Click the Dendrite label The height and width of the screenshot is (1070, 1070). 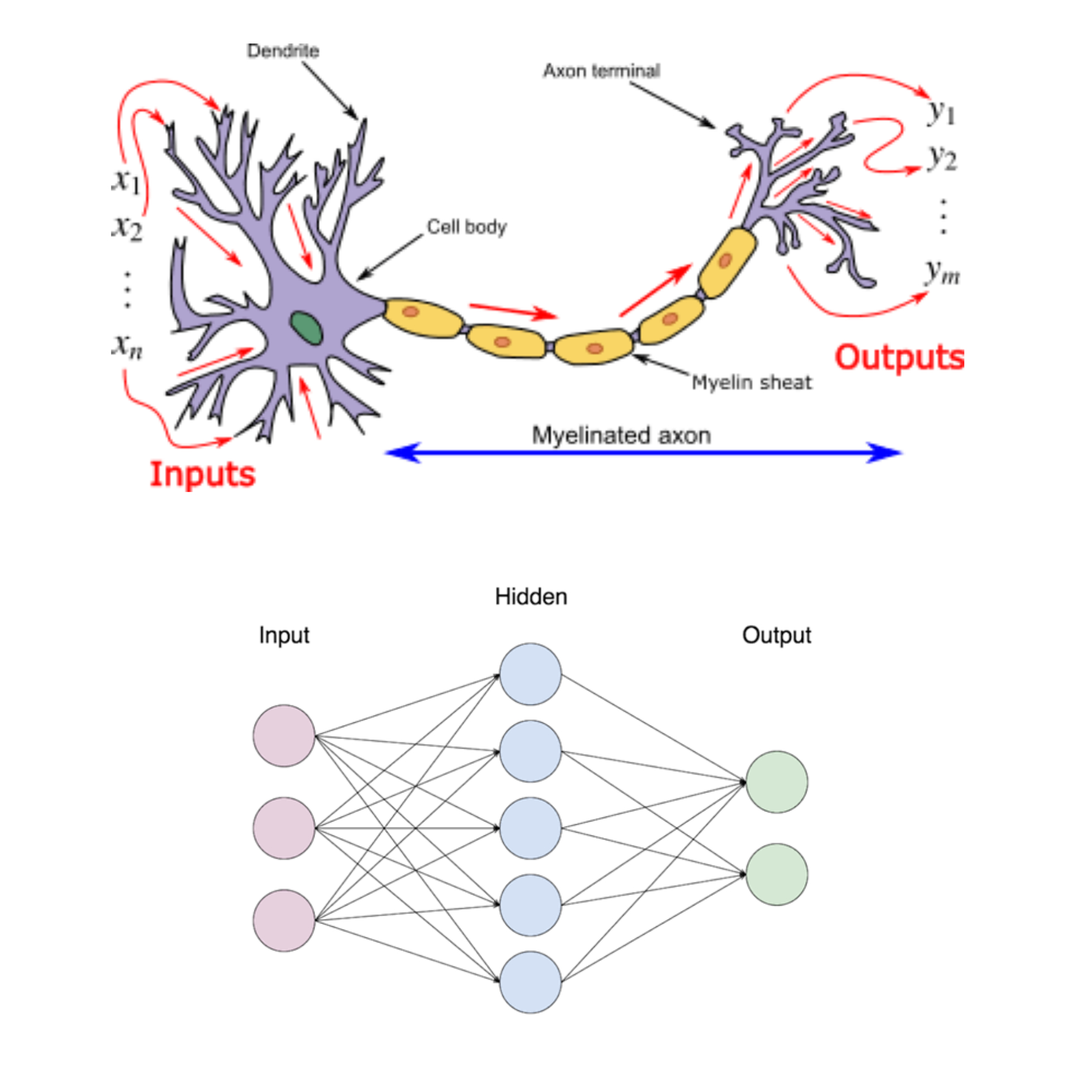pyautogui.click(x=283, y=51)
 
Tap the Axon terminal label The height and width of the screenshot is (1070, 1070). pyautogui.click(x=601, y=71)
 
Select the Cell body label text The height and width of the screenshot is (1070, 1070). pyautogui.click(x=466, y=227)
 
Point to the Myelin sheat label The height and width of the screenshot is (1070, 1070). pyautogui.click(x=751, y=382)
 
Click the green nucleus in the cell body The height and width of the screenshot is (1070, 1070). pyautogui.click(x=306, y=328)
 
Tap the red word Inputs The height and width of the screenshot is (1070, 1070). pyautogui.click(x=202, y=474)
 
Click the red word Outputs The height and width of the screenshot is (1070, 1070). pyautogui.click(x=898, y=357)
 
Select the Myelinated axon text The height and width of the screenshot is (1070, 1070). pyautogui.click(x=621, y=435)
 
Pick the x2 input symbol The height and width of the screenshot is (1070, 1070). pyautogui.click(x=127, y=227)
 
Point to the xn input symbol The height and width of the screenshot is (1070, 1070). pyautogui.click(x=127, y=346)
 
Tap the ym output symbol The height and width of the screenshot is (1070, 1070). pyautogui.click(x=942, y=273)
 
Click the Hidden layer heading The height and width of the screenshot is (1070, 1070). pyautogui.click(x=531, y=597)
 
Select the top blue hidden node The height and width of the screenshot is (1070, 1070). pyautogui.click(x=530, y=674)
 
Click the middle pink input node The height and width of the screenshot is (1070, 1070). pyautogui.click(x=284, y=828)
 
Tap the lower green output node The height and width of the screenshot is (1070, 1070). pyautogui.click(x=776, y=874)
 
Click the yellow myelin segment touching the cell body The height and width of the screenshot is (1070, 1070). pyautogui.click(x=422, y=318)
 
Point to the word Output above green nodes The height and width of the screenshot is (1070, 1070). pyautogui.click(x=776, y=635)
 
